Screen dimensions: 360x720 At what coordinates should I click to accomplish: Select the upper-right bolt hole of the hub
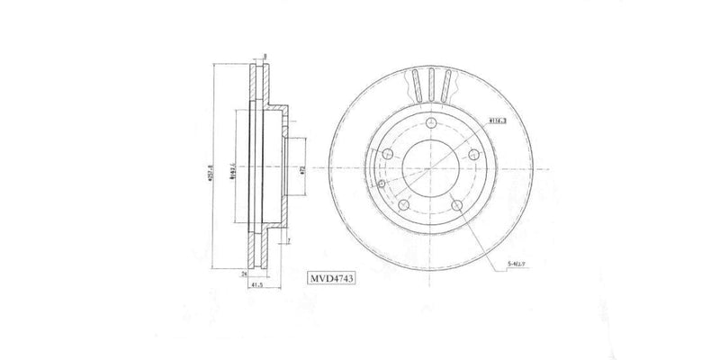(x=472, y=156)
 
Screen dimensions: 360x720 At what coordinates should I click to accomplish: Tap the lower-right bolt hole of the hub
(x=456, y=205)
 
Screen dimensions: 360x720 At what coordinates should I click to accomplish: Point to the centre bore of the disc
(x=429, y=169)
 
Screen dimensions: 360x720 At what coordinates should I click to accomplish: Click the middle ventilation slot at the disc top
(x=431, y=83)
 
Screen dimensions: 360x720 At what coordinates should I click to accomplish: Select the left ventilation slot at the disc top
(x=416, y=85)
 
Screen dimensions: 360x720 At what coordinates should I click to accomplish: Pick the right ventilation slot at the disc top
(x=445, y=85)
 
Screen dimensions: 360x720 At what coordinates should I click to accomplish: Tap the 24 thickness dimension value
(x=244, y=273)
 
